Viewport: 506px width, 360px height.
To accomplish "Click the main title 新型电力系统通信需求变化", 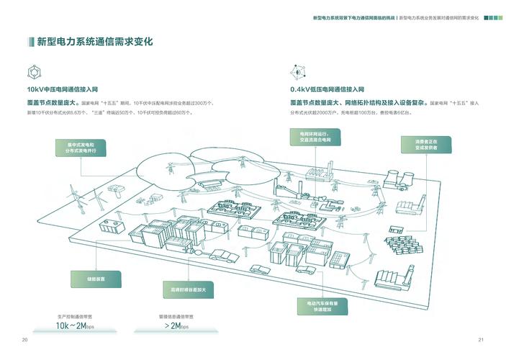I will click(x=94, y=42).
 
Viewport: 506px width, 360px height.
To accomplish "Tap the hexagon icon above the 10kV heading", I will click(x=34, y=72).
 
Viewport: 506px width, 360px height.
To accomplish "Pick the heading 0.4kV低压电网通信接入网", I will click(x=327, y=89).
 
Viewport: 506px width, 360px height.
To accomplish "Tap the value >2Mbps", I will click(x=176, y=326).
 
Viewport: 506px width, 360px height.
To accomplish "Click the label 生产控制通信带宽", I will click(x=75, y=316).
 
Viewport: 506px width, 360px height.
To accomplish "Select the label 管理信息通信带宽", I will click(x=176, y=316).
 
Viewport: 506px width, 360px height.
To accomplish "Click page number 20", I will click(x=24, y=340).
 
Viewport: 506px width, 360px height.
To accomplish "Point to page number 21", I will click(x=480, y=340).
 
